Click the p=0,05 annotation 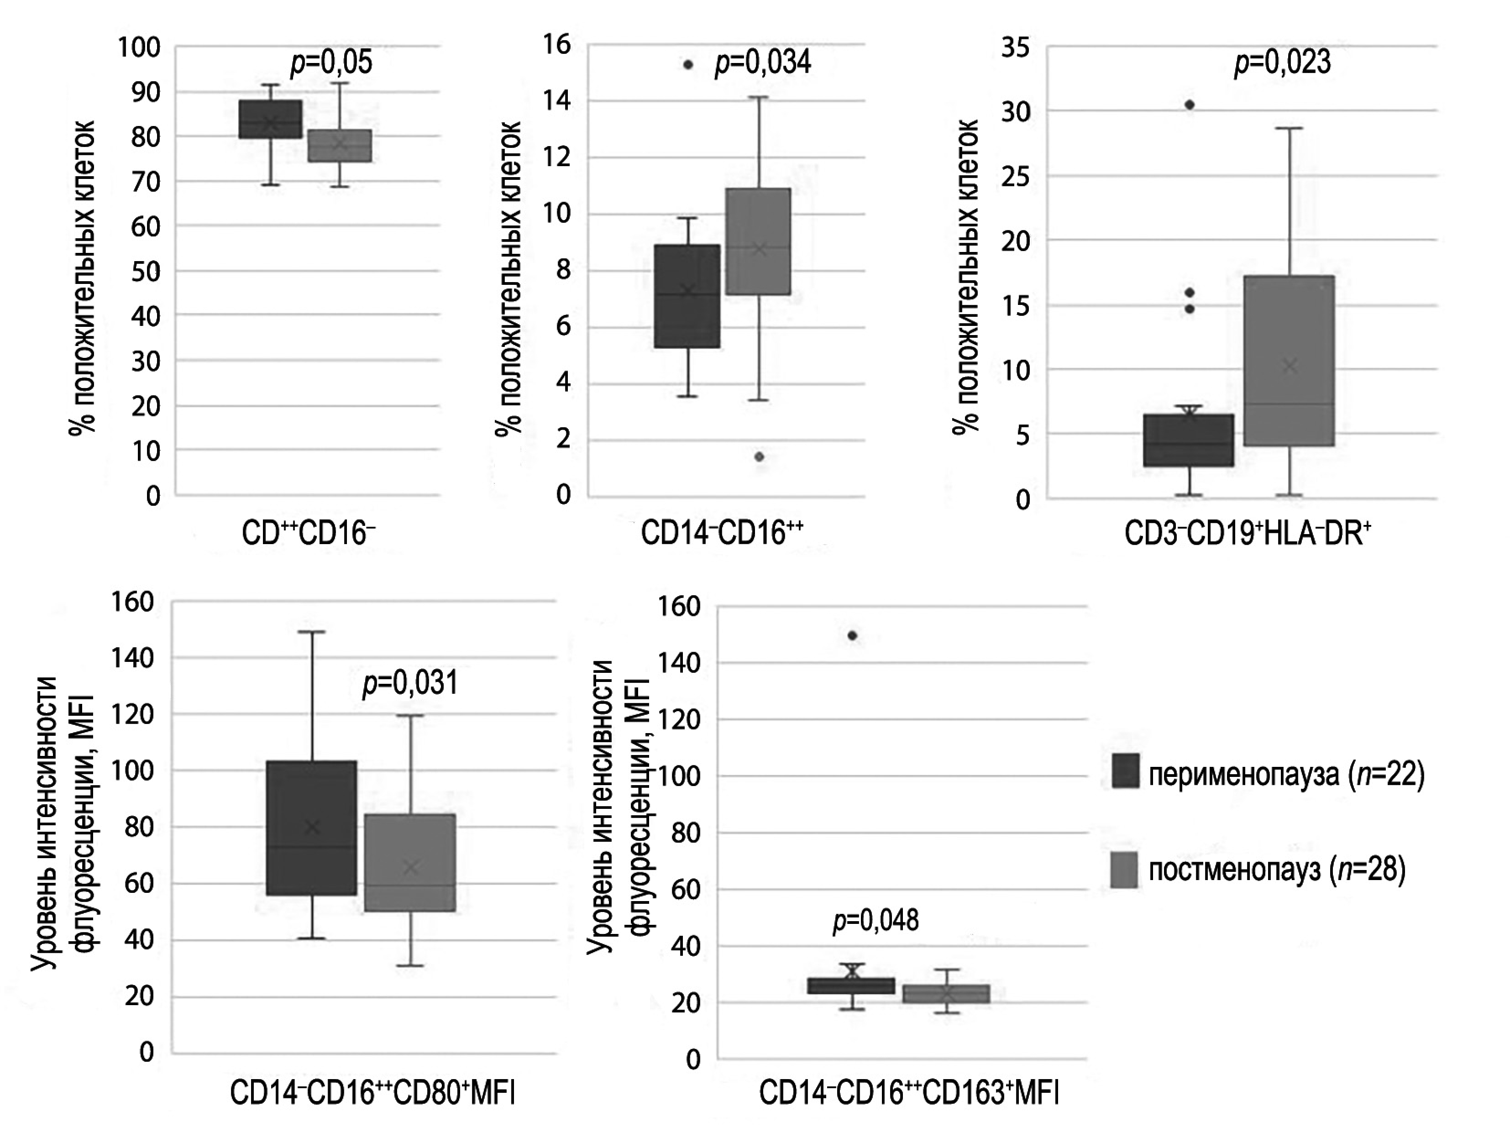click(x=332, y=63)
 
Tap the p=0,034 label click(x=762, y=63)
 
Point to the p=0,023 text click(x=1282, y=63)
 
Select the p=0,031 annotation click(x=409, y=683)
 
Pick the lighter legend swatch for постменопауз click(x=1124, y=869)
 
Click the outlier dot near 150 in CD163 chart click(x=852, y=636)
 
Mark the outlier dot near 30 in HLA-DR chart click(x=1189, y=105)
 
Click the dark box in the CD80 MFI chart click(x=311, y=828)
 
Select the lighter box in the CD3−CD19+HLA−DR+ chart click(x=1289, y=361)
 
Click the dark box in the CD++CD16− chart click(x=270, y=119)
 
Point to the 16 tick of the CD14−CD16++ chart click(x=556, y=45)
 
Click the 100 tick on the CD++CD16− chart click(x=139, y=48)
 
